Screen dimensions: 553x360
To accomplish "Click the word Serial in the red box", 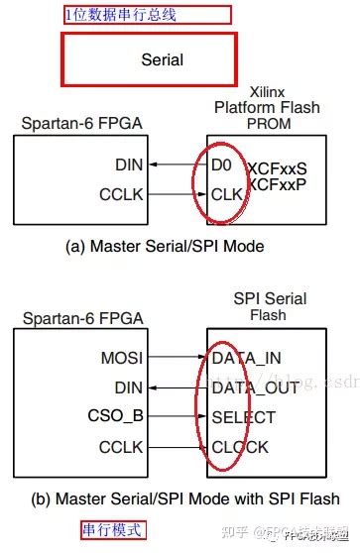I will point(162,59).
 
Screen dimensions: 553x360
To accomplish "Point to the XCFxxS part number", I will point(277,168).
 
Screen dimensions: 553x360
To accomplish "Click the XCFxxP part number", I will point(277,184).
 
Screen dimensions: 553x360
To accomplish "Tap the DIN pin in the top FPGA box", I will point(128,166).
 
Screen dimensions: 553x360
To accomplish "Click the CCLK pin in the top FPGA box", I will point(120,194).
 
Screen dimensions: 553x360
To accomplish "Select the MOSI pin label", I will point(121,355).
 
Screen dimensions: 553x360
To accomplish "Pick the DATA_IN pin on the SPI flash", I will point(247,355).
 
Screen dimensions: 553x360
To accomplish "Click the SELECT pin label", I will point(243,418).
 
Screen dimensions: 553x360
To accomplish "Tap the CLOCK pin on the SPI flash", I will point(240,448).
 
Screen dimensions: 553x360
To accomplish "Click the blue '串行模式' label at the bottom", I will point(113,530).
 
